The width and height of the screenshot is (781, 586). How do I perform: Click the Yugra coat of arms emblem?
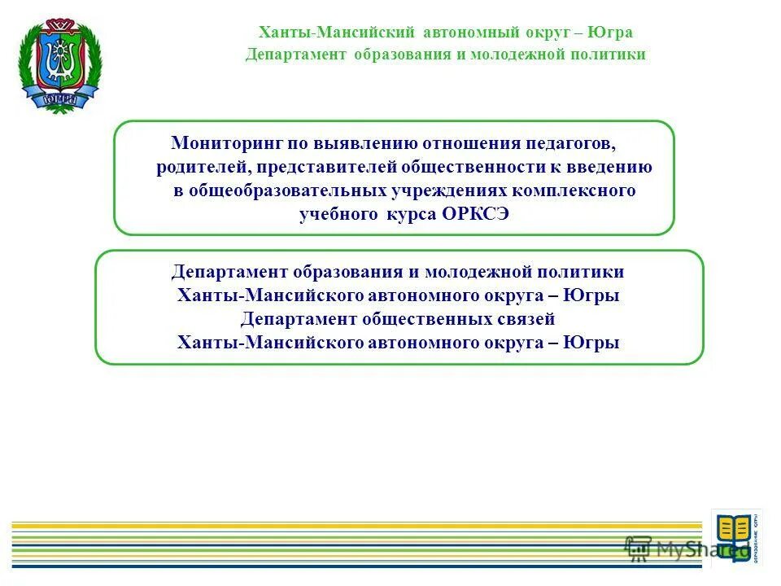point(59,63)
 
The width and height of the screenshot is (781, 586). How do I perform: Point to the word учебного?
point(334,214)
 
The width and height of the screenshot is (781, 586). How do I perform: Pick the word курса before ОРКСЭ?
point(411,214)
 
